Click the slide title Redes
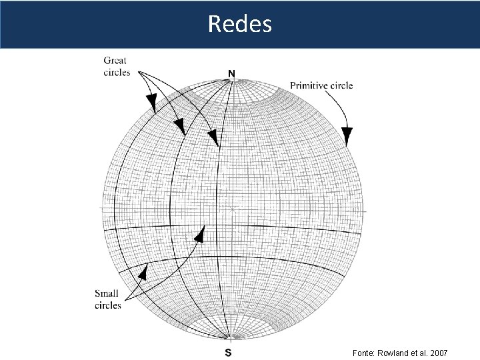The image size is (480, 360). [239, 24]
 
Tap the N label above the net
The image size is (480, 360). [232, 72]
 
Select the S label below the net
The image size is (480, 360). [228, 352]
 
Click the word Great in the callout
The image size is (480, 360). [115, 61]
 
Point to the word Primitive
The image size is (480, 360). [310, 85]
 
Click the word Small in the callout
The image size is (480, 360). [107, 293]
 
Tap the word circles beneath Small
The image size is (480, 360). [108, 305]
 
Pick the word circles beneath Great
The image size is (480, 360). [117, 72]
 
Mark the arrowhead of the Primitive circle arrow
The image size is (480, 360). [347, 137]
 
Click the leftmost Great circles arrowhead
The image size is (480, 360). [151, 103]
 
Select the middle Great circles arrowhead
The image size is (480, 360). [179, 126]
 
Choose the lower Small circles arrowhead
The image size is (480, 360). [142, 272]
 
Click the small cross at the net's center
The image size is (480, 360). [233, 209]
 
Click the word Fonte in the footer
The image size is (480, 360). [365, 352]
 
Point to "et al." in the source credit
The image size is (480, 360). [420, 352]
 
